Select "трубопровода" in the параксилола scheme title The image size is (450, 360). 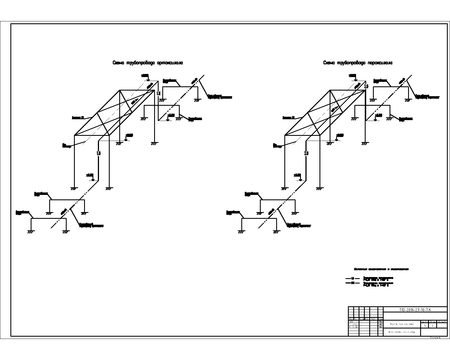coord(351,63)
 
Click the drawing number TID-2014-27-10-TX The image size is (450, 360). coord(415,309)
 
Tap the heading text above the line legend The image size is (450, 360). coord(381,269)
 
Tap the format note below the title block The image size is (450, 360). coord(435,337)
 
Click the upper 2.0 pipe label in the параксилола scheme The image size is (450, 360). coord(366,86)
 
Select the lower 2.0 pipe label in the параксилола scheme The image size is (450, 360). coord(306,154)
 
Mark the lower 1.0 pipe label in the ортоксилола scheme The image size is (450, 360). coord(98,154)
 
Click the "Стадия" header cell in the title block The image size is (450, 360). coord(424,321)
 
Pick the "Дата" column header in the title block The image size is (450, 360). coord(380,319)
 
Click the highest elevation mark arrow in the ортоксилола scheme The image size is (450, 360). coord(148,79)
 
